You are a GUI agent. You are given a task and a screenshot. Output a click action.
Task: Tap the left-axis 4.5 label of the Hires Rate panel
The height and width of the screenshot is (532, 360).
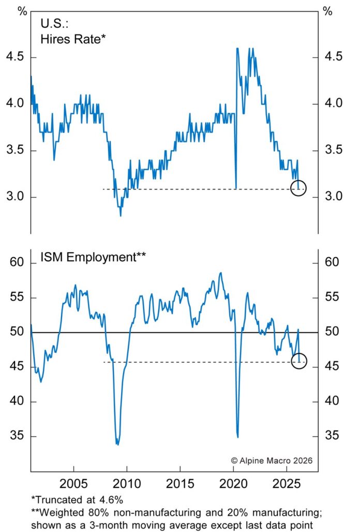(15, 56)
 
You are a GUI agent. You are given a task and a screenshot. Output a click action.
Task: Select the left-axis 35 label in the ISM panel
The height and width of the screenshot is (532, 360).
(17, 436)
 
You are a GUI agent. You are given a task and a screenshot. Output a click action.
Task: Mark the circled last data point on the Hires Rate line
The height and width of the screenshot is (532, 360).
(298, 188)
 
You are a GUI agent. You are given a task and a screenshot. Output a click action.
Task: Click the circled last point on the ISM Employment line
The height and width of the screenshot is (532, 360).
(299, 361)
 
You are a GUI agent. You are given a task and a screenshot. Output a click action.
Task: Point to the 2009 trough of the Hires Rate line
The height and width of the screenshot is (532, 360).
(121, 215)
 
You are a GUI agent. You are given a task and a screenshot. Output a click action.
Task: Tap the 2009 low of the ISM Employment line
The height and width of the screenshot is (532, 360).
(117, 444)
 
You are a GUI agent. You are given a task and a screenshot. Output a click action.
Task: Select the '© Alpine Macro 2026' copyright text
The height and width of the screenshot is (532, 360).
(271, 460)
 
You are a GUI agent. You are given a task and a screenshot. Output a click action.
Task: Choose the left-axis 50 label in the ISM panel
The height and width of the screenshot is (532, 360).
(17, 332)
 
